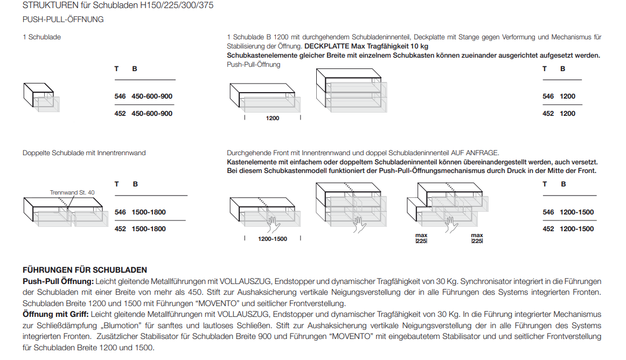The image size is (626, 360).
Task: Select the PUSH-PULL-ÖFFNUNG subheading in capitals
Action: click(63, 19)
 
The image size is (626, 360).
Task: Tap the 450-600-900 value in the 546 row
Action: click(152, 96)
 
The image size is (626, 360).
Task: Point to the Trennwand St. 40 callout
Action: click(72, 192)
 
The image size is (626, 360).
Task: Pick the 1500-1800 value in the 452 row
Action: click(149, 229)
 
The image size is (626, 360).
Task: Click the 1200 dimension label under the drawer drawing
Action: click(273, 118)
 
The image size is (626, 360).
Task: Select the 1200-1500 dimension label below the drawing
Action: click(272, 239)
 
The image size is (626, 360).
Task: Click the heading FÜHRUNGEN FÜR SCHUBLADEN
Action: click(85, 270)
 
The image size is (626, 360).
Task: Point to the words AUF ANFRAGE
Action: click(479, 153)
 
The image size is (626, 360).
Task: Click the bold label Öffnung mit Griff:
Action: click(55, 314)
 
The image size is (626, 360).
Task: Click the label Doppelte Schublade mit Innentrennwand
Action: click(84, 153)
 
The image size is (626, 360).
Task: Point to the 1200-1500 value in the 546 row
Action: click(576, 212)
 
